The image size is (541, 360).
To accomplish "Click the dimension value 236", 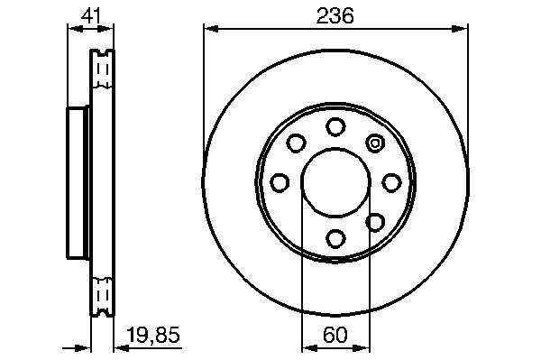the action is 335,15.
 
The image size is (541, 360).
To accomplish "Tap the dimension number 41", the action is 91,15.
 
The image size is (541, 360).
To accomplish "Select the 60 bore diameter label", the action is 335,335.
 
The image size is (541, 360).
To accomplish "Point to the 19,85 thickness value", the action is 153,335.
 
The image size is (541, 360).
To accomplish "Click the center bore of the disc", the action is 335,182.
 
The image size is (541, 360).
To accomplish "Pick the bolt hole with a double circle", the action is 375,143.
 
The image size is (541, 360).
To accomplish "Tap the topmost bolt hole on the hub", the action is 335,126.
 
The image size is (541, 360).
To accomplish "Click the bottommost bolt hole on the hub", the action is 335,238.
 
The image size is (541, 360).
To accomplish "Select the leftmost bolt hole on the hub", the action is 280,182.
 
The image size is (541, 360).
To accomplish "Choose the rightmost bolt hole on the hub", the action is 392,182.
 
